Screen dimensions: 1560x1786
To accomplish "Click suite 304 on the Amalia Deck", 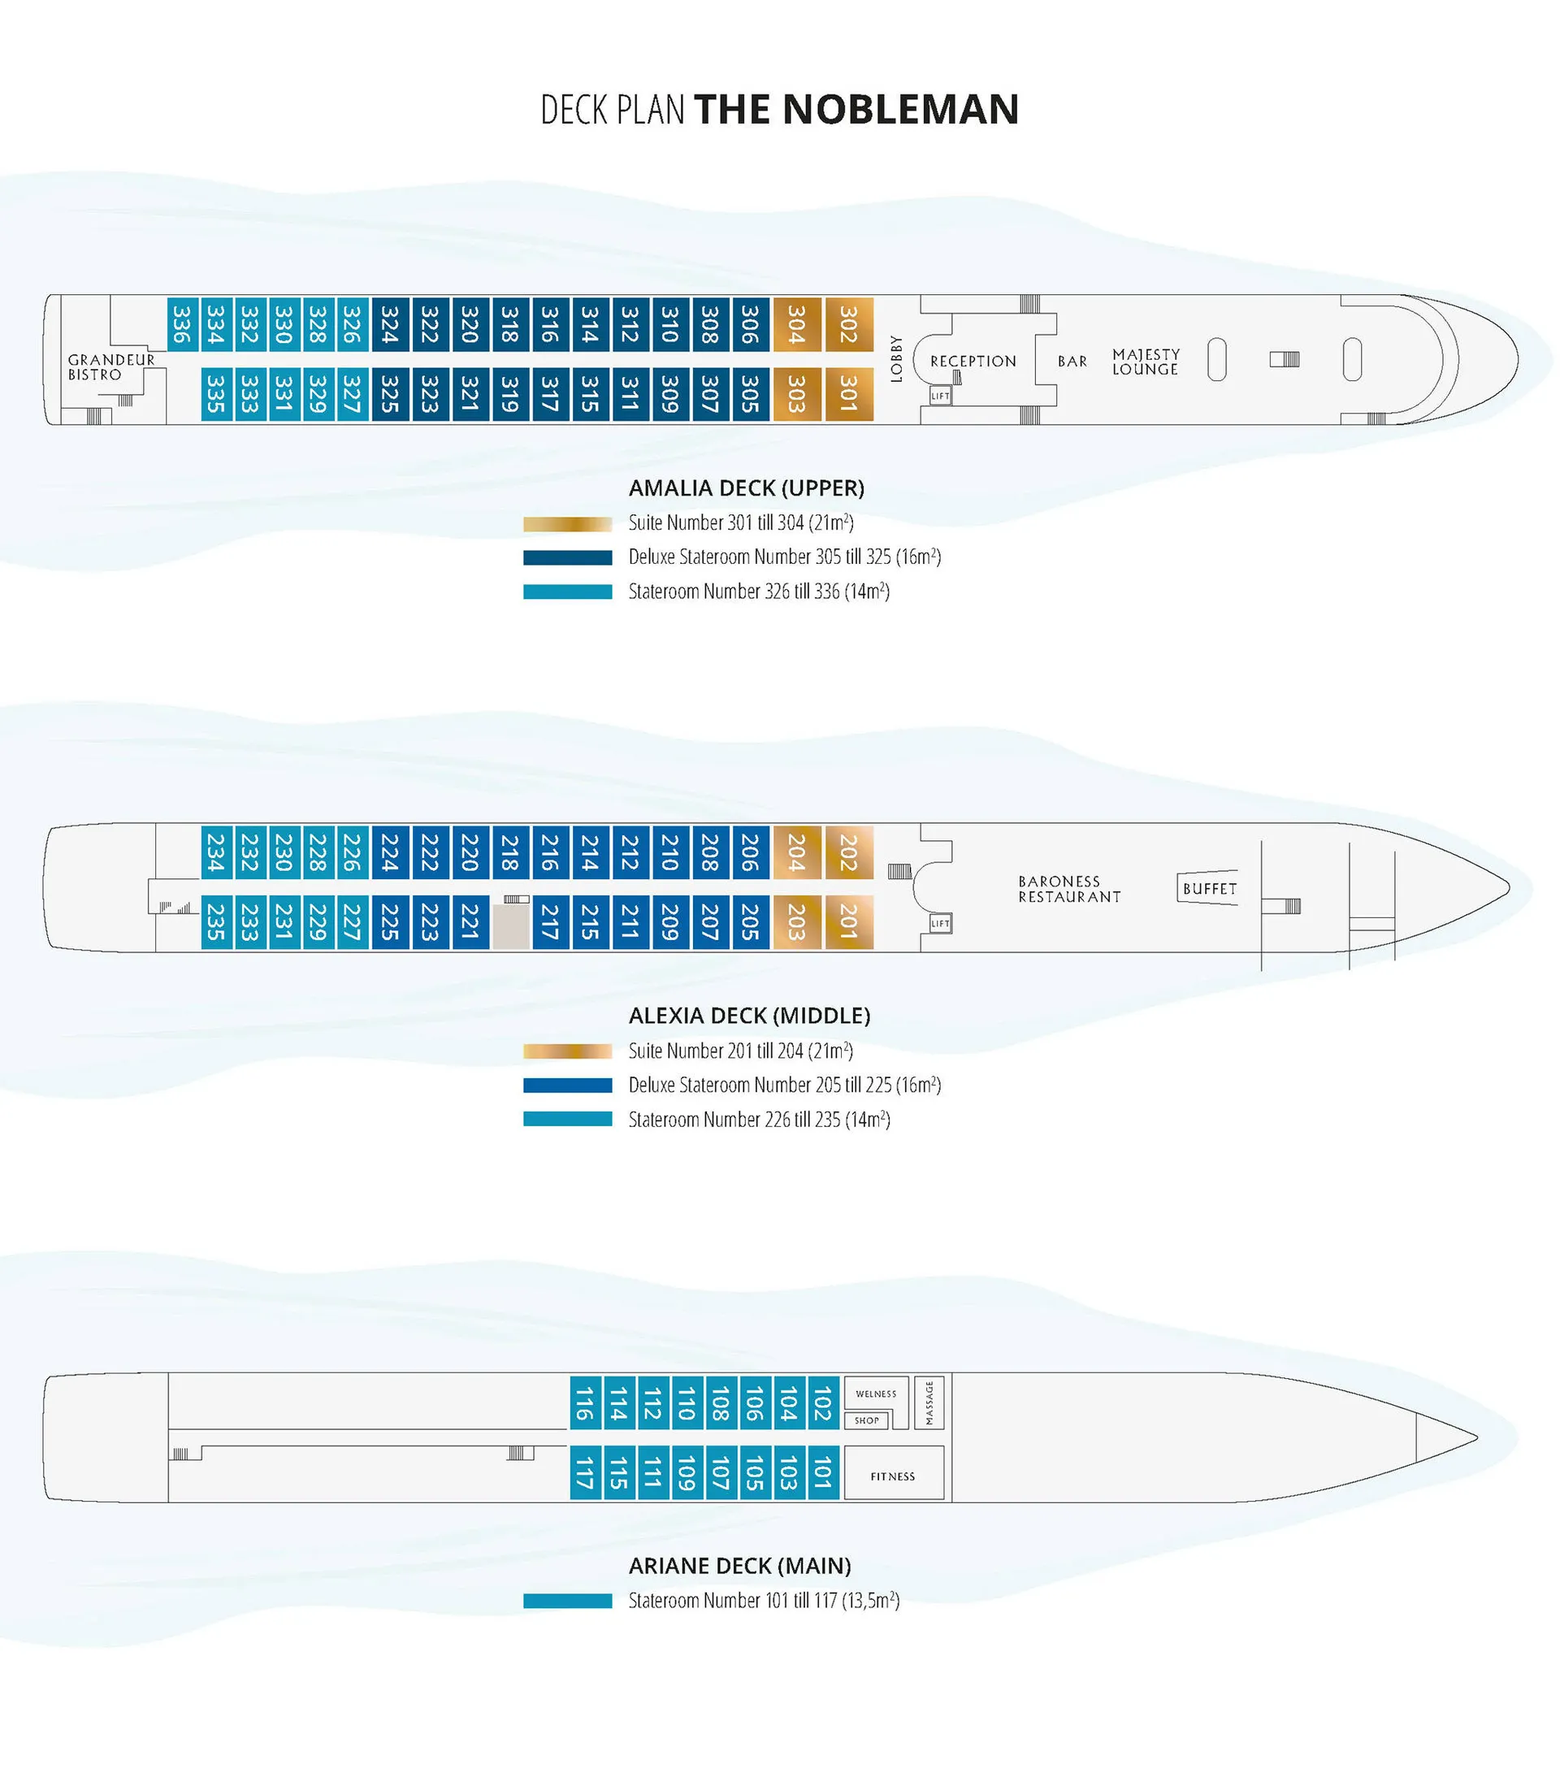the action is click(796, 323).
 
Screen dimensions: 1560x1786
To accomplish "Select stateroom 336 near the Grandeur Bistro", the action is click(181, 323).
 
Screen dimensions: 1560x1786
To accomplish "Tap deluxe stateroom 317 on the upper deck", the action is click(549, 394).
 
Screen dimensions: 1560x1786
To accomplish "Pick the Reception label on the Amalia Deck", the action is click(973, 362).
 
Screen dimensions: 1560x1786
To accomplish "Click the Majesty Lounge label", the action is click(1146, 362).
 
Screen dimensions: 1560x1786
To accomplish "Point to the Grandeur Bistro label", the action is click(110, 366).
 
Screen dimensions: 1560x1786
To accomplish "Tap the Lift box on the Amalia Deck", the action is click(940, 396).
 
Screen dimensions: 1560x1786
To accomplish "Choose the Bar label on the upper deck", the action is click(1072, 362).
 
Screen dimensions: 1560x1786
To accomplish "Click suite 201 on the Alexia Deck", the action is click(849, 921).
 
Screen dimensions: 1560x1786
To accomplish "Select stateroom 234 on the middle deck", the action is click(216, 852).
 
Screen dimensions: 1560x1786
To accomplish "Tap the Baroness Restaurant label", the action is click(1069, 889).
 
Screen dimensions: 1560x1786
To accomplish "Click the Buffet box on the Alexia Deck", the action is click(1208, 888).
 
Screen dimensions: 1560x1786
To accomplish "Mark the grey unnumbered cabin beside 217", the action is click(511, 926).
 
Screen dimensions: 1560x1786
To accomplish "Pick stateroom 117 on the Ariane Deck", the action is click(584, 1472).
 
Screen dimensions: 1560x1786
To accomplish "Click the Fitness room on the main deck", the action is click(894, 1472).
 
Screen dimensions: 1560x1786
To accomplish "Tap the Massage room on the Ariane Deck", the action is click(929, 1402).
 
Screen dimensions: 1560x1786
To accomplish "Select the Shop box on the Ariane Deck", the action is click(866, 1420).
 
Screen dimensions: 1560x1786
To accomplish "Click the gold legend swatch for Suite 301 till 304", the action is click(568, 524).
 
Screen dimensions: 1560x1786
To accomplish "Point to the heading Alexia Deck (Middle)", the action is click(749, 1016).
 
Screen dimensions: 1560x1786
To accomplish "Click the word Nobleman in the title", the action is click(901, 110).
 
